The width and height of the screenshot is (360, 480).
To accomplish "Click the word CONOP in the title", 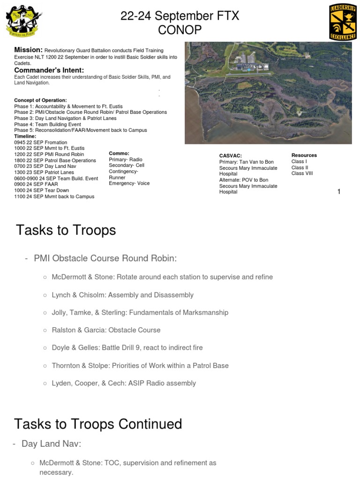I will pyautogui.click(x=180, y=30).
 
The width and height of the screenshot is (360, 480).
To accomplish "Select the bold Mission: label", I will pyautogui.click(x=28, y=50).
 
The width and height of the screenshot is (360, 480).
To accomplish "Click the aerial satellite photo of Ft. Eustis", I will pyautogui.click(x=268, y=93).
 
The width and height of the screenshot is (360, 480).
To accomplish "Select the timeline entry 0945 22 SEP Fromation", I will pyautogui.click(x=40, y=142).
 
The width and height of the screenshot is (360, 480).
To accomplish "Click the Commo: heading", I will pyautogui.click(x=119, y=153).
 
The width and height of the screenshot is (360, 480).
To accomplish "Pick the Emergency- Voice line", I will pyautogui.click(x=129, y=183).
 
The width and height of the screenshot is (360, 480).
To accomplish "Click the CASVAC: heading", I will pyautogui.click(x=230, y=156).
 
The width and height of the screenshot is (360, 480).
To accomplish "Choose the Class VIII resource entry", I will pyautogui.click(x=301, y=173).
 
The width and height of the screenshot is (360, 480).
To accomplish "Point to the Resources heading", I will pyautogui.click(x=304, y=155).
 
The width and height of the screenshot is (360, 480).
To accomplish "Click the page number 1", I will pyautogui.click(x=339, y=191).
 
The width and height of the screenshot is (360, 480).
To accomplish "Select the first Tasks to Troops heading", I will pyautogui.click(x=66, y=231).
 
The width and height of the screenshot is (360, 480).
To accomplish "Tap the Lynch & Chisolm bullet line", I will pyautogui.click(x=122, y=295).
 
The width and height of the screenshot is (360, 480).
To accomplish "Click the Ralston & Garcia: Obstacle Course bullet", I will pyautogui.click(x=106, y=330).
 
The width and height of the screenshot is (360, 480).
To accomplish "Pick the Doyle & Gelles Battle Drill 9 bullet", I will pyautogui.click(x=127, y=348).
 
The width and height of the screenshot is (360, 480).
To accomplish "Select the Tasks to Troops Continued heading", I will pyautogui.click(x=98, y=424).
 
